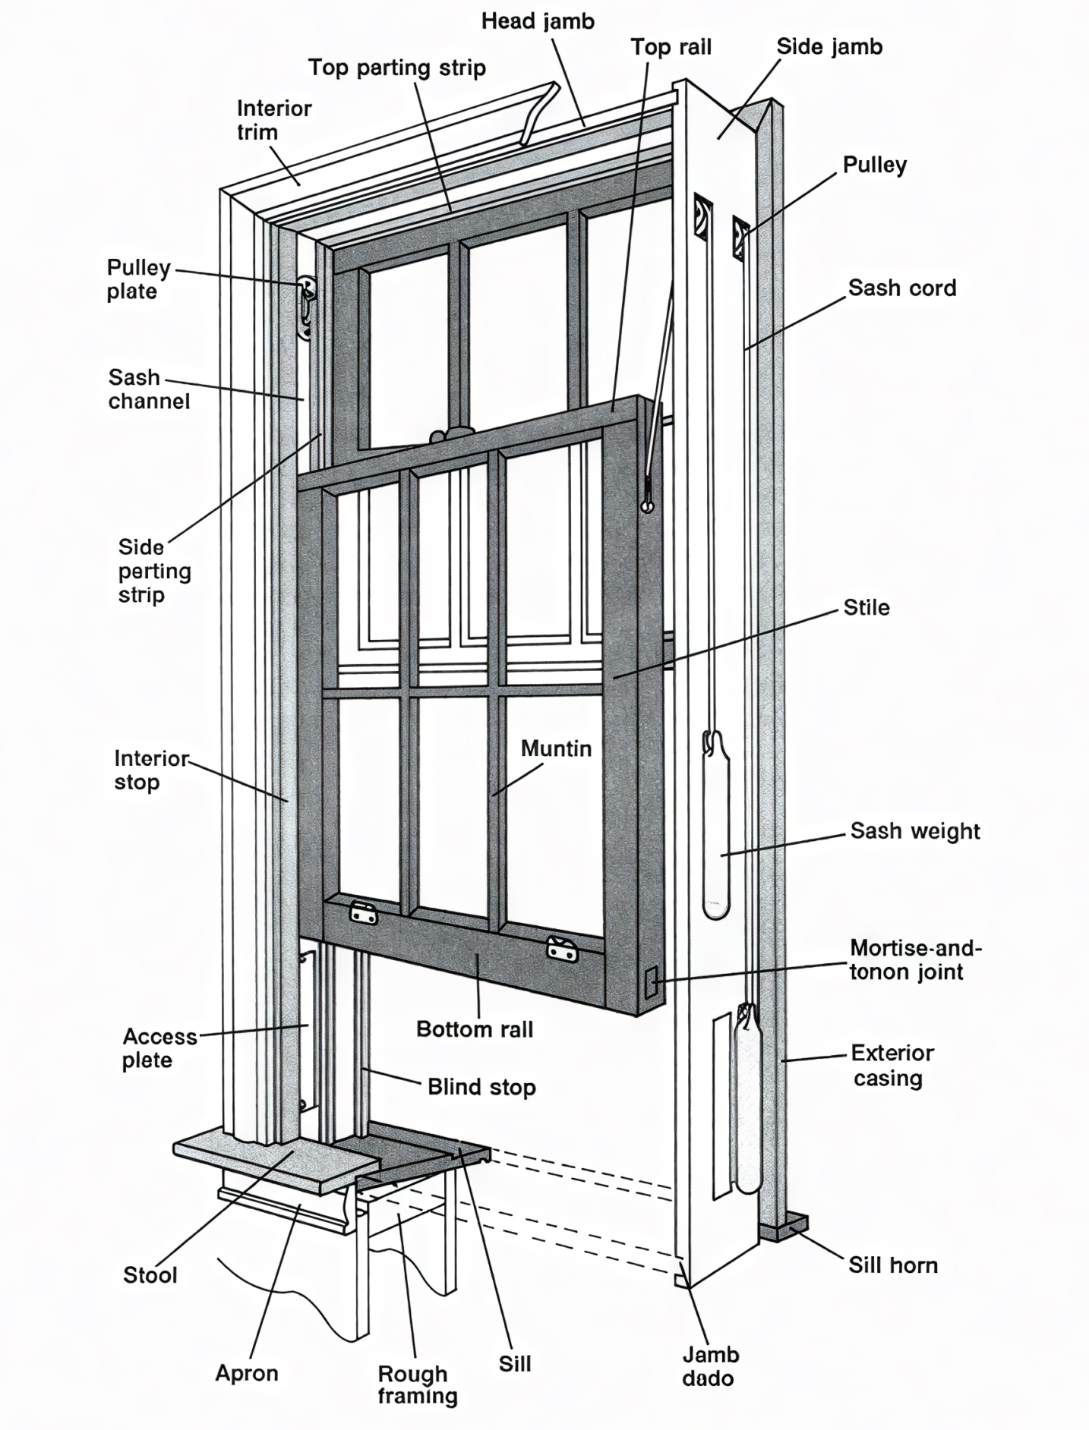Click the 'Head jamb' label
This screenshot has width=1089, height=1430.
point(538,21)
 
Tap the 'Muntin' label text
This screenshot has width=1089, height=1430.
point(556,748)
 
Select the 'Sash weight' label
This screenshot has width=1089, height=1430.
point(914,830)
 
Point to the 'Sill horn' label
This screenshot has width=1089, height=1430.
point(892,1265)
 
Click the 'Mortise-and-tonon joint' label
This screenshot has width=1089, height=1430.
point(914,959)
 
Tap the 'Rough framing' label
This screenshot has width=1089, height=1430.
point(417,1384)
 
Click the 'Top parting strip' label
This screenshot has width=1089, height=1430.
point(396,68)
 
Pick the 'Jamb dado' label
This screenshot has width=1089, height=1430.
point(709,1366)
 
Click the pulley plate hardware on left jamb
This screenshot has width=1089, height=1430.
point(307,307)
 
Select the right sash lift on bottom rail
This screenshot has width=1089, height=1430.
point(562,948)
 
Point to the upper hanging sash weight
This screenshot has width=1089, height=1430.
point(715,827)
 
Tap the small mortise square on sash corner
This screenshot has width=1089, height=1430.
point(651,983)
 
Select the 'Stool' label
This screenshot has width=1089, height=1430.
point(150,1274)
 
